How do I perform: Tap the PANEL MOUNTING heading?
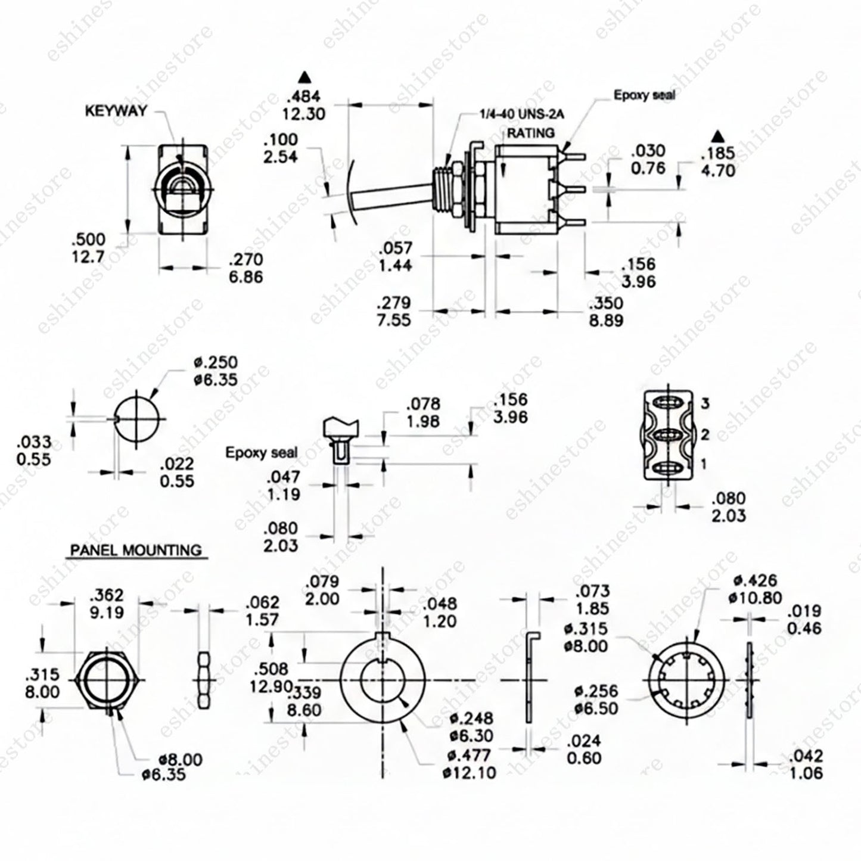pyautogui.click(x=136, y=550)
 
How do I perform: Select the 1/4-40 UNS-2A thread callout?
pyautogui.click(x=522, y=114)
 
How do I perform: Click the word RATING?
pyautogui.click(x=531, y=133)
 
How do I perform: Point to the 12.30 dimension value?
pyautogui.click(x=304, y=114)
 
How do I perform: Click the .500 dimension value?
pyautogui.click(x=88, y=239)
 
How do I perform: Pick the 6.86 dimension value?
pyautogui.click(x=245, y=276)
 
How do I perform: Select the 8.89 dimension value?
pyautogui.click(x=605, y=321)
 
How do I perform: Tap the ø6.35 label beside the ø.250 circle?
pyautogui.click(x=216, y=380)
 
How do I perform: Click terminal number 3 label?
pyautogui.click(x=705, y=403)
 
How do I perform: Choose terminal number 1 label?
pyautogui.click(x=704, y=464)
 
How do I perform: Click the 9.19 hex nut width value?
pyautogui.click(x=106, y=612)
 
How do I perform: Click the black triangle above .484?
pyautogui.click(x=305, y=77)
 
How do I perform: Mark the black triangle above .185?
pyautogui.click(x=718, y=135)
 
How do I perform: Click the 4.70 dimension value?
pyautogui.click(x=717, y=170)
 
